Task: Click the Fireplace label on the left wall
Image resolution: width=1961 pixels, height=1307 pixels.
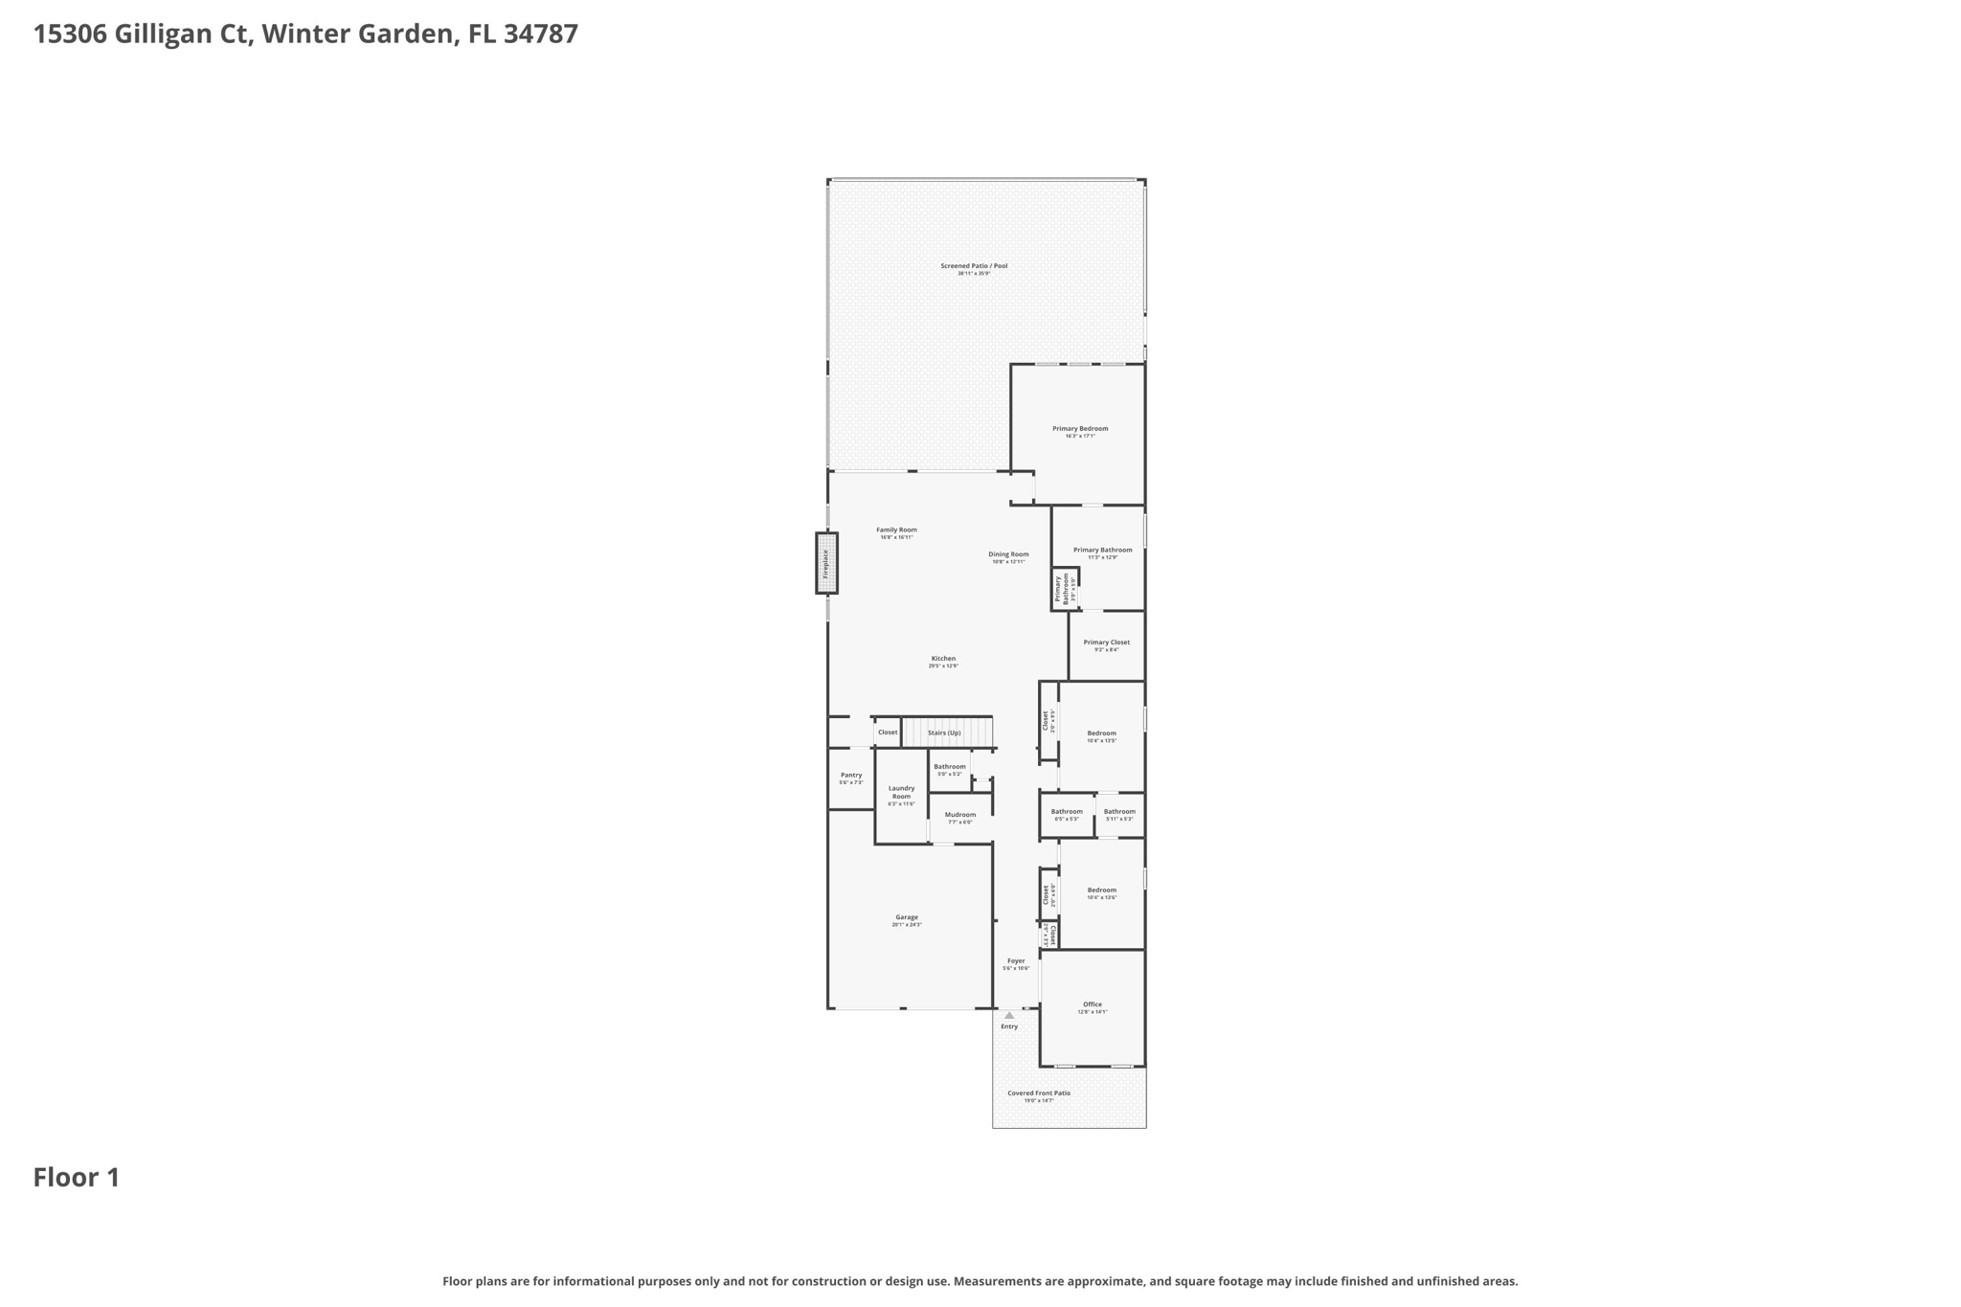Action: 825,563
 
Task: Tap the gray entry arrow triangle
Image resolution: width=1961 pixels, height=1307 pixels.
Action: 1009,1015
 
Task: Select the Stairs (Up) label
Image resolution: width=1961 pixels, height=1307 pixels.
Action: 944,732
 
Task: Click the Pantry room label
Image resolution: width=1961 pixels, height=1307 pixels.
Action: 851,775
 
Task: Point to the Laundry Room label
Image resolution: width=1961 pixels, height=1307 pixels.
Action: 901,792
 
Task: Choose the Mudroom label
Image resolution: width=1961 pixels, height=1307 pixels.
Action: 960,815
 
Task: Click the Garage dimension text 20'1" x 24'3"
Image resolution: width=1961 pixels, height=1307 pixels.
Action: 907,925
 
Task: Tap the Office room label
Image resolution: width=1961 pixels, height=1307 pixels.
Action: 1093,1004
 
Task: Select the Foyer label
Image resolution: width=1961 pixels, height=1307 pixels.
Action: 1016,960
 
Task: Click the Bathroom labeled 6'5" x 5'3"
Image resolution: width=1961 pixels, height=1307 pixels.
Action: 1067,812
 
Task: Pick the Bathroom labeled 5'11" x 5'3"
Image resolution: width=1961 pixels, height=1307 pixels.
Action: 1119,812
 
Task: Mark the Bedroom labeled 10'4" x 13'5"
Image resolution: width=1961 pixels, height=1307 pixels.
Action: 1102,733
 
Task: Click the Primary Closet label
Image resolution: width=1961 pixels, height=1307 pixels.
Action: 1107,642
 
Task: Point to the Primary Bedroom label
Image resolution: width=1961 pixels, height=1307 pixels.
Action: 1080,429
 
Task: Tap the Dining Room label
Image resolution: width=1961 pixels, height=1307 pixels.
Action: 1008,554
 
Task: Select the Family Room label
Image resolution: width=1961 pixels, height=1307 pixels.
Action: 896,530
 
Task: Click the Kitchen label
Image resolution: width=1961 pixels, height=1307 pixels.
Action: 943,659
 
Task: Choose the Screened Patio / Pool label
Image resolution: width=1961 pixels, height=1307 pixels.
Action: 974,266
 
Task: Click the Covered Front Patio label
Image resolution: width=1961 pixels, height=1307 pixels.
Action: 1039,1093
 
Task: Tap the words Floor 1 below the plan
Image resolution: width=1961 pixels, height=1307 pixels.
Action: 77,1178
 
